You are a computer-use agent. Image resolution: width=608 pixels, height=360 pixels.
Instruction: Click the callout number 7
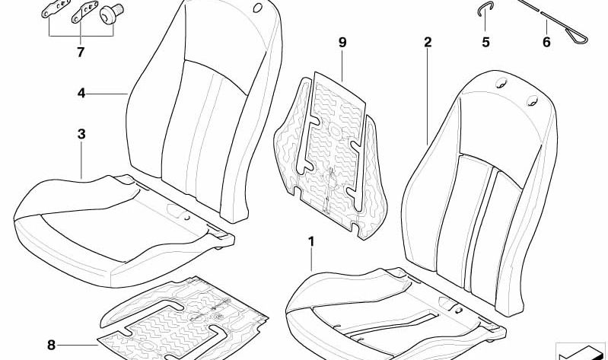[x=80, y=52]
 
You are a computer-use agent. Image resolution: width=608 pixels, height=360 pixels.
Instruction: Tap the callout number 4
[x=81, y=93]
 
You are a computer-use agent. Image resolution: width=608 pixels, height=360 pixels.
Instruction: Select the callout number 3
[x=81, y=134]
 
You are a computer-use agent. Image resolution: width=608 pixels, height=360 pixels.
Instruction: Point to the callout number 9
[x=342, y=43]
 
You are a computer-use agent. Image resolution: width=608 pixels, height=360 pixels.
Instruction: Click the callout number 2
[x=428, y=42]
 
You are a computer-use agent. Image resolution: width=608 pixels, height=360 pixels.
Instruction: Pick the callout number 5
[x=485, y=42]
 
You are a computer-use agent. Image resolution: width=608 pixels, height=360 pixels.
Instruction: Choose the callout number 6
[x=546, y=42]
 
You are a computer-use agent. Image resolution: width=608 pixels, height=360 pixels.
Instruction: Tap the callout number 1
[x=311, y=242]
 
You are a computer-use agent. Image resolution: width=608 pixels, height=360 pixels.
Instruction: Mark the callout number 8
[x=51, y=345]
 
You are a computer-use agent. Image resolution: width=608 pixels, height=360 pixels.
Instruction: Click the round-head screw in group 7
[x=111, y=14]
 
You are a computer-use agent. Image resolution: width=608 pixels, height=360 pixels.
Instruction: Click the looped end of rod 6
[x=578, y=37]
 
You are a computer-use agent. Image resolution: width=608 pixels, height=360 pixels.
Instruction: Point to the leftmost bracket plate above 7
[x=56, y=9]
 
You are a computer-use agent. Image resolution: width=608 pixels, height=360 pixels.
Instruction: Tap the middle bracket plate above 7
[x=84, y=12]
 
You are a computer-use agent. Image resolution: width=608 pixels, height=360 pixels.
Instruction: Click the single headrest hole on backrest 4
[x=257, y=8]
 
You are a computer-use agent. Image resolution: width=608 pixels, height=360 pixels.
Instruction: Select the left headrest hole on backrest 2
[x=501, y=82]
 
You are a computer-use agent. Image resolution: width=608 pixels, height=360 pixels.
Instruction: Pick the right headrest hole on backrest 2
[x=532, y=100]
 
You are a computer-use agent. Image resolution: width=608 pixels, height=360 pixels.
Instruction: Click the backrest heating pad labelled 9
[x=330, y=155]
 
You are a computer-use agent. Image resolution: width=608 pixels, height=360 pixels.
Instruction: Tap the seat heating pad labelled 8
[x=182, y=318]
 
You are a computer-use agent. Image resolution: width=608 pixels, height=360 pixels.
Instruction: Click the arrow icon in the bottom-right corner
[x=581, y=352]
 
